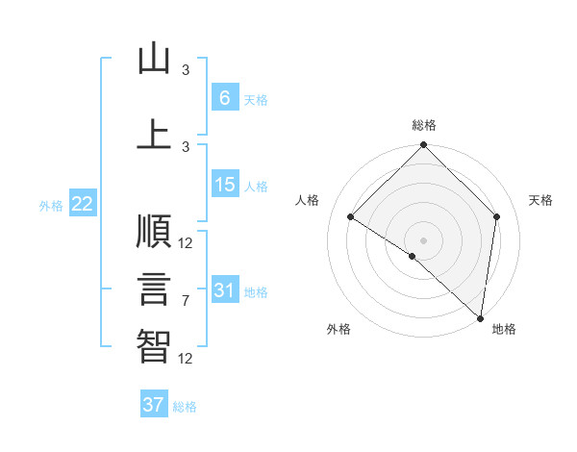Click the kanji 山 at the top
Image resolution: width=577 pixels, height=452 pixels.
pyautogui.click(x=154, y=60)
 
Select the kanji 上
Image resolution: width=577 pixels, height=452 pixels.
pyautogui.click(x=154, y=133)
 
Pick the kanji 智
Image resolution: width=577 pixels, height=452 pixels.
pyautogui.click(x=154, y=347)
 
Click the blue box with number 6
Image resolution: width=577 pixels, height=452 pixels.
pyautogui.click(x=224, y=98)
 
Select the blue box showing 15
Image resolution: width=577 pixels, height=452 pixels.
pyautogui.click(x=224, y=185)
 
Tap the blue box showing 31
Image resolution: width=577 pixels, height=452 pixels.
pyautogui.click(x=224, y=289)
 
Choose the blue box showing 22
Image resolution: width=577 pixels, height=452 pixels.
pyautogui.click(x=82, y=204)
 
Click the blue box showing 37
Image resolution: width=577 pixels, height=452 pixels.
pyautogui.click(x=153, y=405)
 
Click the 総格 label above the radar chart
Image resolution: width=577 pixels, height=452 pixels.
pyautogui.click(x=423, y=125)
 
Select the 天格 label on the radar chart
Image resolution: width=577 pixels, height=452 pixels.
pyautogui.click(x=540, y=200)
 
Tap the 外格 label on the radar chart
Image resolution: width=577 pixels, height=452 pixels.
pyautogui.click(x=338, y=329)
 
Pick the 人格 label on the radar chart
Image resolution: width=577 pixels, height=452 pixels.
pyautogui.click(x=307, y=200)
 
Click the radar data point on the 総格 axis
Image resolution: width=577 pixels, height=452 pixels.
pyautogui.click(x=423, y=146)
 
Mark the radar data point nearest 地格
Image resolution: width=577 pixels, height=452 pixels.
pyautogui.click(x=480, y=317)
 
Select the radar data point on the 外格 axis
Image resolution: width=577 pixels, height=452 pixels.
pyautogui.click(x=413, y=256)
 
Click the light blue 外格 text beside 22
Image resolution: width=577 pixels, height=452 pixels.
pyautogui.click(x=50, y=205)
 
